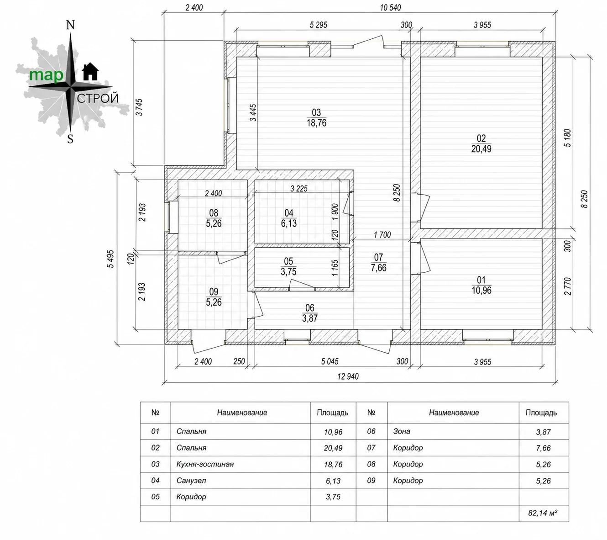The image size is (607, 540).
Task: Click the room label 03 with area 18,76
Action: coord(316,117)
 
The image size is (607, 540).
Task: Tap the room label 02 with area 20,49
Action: coord(481,143)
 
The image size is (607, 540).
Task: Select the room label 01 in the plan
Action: coord(481,285)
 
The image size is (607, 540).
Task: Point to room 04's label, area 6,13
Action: coord(289,218)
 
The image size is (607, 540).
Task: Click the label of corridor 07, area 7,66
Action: coord(378,263)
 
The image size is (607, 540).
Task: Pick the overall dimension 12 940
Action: coord(348,376)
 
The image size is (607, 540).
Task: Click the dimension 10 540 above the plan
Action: coord(390,7)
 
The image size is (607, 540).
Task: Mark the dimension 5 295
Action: coord(319,25)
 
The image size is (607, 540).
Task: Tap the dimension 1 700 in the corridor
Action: coord(382,235)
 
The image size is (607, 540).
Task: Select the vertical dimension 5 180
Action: coord(567,138)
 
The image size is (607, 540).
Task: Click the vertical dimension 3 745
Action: coord(139,107)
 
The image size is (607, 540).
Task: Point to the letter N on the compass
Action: coord(70,25)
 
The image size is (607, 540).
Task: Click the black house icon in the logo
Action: coord(90,72)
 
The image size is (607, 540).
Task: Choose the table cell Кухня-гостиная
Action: coord(205,464)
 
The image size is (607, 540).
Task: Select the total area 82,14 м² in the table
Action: coord(543,513)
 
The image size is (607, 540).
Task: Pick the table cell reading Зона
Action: coord(402,431)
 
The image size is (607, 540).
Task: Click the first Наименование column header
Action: coord(242,413)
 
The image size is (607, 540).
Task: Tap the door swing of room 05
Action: coord(302,284)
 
